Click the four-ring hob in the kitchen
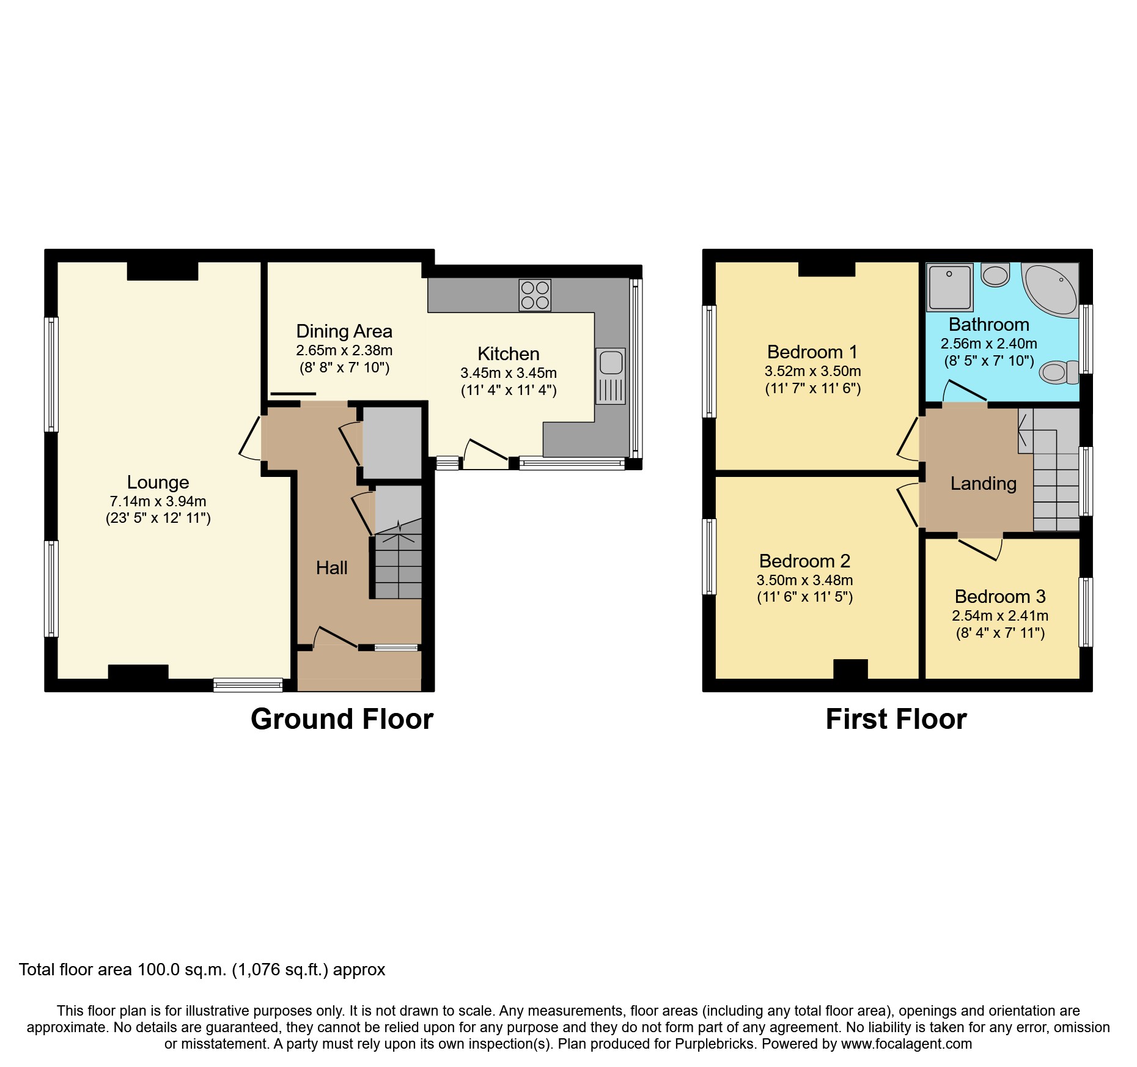tap(535, 295)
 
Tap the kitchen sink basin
tap(611, 363)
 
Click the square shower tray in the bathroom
tap(949, 287)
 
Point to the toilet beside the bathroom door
tap(1059, 372)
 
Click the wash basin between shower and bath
tap(995, 275)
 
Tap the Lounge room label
tap(158, 482)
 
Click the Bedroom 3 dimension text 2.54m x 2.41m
tap(1000, 616)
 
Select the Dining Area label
tap(344, 331)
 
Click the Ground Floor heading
tap(342, 719)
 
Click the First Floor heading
tap(896, 719)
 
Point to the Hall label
tap(331, 567)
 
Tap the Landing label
tap(983, 483)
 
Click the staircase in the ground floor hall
tap(398, 566)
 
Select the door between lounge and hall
tap(251, 438)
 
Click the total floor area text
tap(202, 969)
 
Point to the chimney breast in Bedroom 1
tap(826, 269)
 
